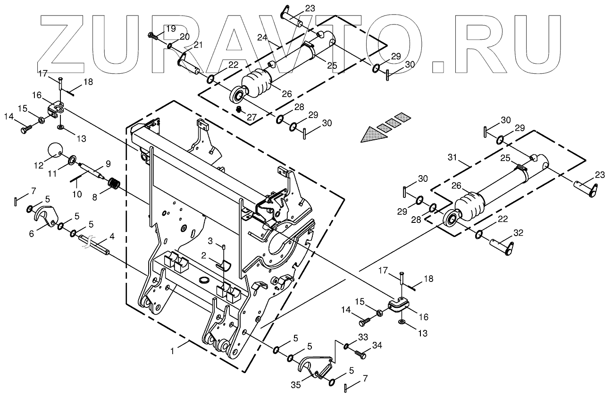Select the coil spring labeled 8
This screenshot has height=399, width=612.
(x=115, y=183)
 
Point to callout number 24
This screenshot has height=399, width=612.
(x=262, y=37)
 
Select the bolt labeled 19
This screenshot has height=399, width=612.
(x=153, y=35)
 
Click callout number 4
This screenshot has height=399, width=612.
(x=112, y=235)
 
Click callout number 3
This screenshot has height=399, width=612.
(x=212, y=241)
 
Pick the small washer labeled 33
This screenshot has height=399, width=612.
(x=346, y=348)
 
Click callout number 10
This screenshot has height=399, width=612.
(x=76, y=194)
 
